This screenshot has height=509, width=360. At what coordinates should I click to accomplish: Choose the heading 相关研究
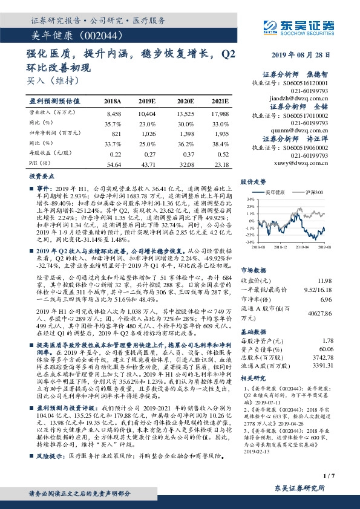click(253, 379)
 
